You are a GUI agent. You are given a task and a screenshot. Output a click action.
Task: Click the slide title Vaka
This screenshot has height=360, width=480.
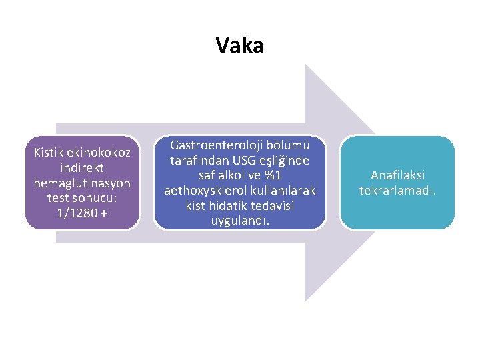tap(240, 45)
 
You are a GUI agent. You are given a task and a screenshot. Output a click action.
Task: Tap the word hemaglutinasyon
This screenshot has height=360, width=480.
tap(82, 183)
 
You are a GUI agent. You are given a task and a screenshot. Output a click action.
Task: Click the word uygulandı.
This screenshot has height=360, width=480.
tap(240, 219)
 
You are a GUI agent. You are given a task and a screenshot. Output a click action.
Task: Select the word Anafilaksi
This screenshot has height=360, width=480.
tap(397, 176)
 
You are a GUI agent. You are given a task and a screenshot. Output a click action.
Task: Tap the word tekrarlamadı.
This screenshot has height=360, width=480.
tap(397, 191)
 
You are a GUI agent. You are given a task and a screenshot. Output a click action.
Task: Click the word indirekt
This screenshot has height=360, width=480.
tap(82, 169)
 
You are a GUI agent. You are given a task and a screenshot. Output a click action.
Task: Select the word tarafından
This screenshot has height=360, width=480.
tap(196, 161)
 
